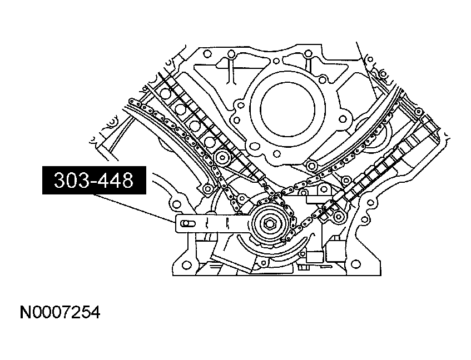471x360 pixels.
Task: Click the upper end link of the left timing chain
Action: click(x=132, y=102)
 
